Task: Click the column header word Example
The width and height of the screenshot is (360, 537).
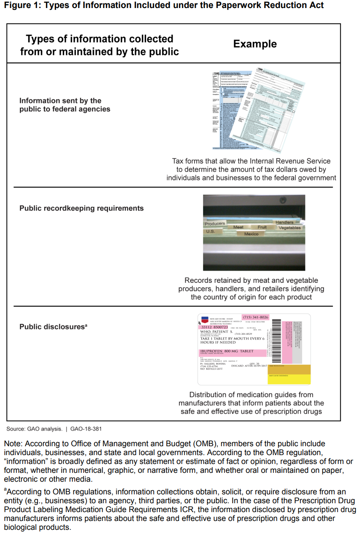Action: point(255,44)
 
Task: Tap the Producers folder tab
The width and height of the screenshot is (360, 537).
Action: point(215,223)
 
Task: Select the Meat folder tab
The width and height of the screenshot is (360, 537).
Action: point(238,227)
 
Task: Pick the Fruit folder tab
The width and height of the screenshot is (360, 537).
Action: point(262,227)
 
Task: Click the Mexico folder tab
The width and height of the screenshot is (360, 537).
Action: point(251,234)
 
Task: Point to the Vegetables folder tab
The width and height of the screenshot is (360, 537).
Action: point(290,228)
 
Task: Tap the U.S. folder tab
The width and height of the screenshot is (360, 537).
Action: point(211,231)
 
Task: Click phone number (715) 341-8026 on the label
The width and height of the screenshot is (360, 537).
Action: point(255,317)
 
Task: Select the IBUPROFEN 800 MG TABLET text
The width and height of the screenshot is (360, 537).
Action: point(227,351)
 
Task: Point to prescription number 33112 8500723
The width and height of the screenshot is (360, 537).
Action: point(214,327)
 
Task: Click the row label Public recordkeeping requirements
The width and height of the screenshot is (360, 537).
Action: point(81,208)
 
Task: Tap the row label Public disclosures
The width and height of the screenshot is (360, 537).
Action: point(52,327)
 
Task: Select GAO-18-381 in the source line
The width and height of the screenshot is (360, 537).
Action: point(86,429)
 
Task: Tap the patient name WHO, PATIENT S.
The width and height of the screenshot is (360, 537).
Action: point(217,332)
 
